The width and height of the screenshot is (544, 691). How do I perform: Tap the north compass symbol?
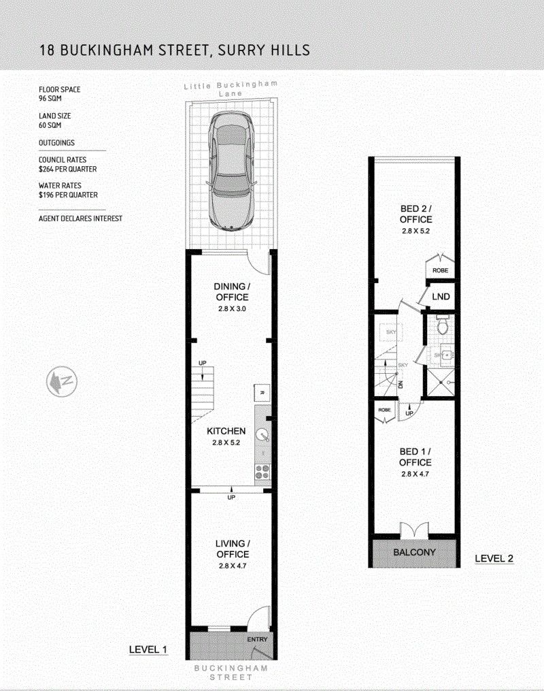point(62,381)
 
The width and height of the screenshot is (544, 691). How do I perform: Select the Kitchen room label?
point(226,431)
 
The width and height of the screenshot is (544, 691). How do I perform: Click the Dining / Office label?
point(232,292)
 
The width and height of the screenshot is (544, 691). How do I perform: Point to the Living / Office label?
point(233,549)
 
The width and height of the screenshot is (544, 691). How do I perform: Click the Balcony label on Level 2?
point(414,552)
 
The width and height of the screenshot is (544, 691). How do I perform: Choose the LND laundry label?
point(441,297)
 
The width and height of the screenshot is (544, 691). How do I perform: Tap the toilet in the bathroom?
point(442,325)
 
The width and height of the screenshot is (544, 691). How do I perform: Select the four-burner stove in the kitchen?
point(263,472)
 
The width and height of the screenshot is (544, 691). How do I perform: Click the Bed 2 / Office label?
point(416,214)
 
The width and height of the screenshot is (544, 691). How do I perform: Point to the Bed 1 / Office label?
point(415,457)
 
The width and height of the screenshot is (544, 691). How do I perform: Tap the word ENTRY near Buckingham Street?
point(257,639)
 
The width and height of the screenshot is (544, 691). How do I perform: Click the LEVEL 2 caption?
point(494,558)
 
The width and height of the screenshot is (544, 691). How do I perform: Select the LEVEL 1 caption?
point(148,649)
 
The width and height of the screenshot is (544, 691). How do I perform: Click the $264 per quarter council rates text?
point(68,170)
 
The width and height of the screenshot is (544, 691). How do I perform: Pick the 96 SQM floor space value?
point(50,98)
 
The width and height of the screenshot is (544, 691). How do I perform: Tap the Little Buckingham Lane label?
point(231,88)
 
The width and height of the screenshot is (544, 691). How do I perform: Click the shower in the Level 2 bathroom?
point(440,384)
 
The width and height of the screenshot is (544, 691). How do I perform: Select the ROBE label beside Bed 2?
point(440,270)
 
